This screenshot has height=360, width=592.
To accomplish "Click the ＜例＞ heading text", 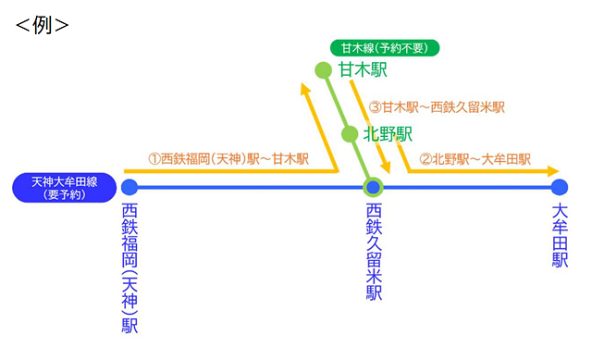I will [x=43, y=24].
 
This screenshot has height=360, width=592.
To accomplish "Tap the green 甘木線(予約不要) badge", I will [x=384, y=48].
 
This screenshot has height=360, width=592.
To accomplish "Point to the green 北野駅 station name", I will [x=388, y=134].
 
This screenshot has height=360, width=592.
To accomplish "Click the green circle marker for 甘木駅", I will [x=323, y=69].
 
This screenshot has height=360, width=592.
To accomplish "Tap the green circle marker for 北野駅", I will [x=350, y=135].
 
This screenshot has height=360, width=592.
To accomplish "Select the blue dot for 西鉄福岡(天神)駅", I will [x=129, y=187].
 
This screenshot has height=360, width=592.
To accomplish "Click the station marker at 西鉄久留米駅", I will [x=373, y=187].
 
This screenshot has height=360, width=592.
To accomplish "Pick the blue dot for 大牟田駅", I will [x=558, y=187].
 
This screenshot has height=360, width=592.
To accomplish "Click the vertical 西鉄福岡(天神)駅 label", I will [x=129, y=268].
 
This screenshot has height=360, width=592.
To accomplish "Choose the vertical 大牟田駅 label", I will [x=559, y=236].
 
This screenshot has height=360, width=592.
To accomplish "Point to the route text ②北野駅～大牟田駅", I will [x=475, y=158].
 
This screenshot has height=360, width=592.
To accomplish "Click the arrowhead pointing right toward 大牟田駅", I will [x=553, y=171].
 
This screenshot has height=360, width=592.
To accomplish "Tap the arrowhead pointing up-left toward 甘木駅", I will [x=306, y=89].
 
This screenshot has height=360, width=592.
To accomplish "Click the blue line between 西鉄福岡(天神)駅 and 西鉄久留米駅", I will [x=250, y=187].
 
